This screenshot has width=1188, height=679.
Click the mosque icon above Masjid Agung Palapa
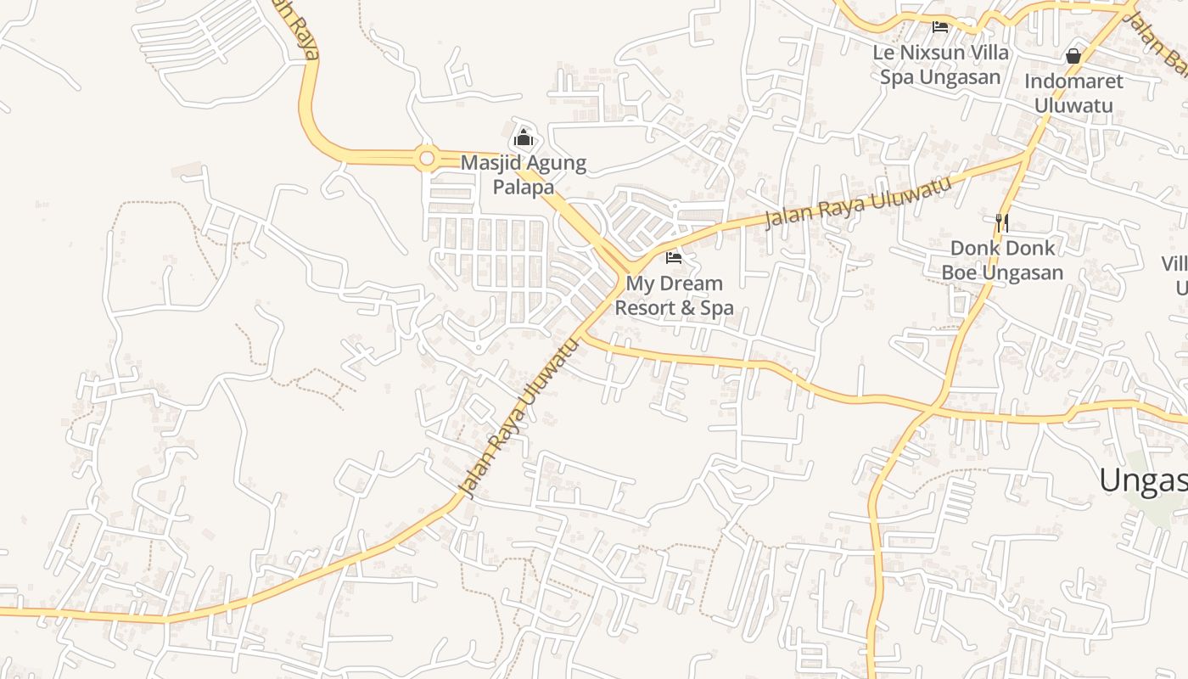tap(524, 137)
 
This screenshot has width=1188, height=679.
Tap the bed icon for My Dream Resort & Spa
tap(674, 257)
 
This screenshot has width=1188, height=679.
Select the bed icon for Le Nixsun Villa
tap(940, 27)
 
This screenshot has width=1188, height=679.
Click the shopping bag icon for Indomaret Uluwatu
tap(1073, 56)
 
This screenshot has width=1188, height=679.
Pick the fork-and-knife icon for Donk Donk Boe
tap(1002, 222)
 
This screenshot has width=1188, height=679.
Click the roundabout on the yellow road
tap(426, 158)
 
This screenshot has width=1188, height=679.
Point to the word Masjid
tap(487, 163)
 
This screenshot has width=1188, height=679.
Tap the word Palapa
tap(524, 187)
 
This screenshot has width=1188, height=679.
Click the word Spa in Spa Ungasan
tap(895, 77)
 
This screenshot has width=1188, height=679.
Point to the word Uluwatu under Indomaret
tap(1073, 106)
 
